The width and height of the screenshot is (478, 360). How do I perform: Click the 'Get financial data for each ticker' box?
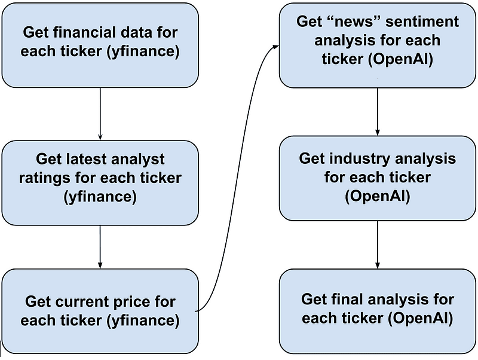tap(100, 45)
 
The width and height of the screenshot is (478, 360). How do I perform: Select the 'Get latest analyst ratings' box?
tap(100, 183)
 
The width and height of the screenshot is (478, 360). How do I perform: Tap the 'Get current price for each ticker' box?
tap(100, 311)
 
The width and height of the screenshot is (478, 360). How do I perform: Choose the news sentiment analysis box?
tap(378, 45)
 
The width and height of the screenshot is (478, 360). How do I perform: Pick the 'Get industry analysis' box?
tap(378, 178)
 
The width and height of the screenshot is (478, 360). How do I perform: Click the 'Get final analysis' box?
tap(378, 311)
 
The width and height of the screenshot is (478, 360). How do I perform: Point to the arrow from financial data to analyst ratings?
tap(100, 114)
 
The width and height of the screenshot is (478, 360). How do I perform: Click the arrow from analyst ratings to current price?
tap(100, 247)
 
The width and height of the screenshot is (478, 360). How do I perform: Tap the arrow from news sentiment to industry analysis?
tap(378, 112)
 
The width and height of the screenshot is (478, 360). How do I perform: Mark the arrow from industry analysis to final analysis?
tap(378, 245)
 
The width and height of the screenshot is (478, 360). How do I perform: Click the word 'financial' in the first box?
tap(79, 32)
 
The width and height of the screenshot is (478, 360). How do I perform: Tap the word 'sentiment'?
tap(422, 22)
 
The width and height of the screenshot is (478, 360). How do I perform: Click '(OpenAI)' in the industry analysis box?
tap(378, 197)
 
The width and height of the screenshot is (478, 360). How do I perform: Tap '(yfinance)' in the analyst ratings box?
tap(100, 197)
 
